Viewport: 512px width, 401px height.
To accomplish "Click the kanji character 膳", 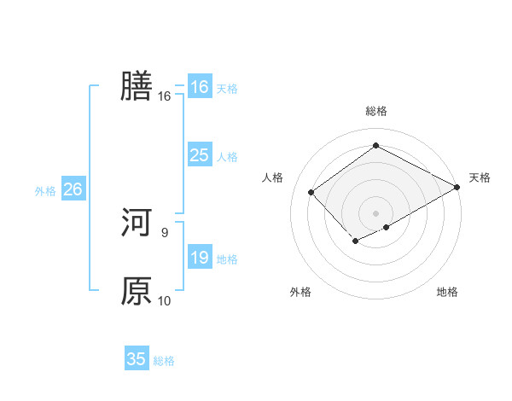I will [137, 87].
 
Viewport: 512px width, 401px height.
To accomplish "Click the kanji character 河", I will [137, 223].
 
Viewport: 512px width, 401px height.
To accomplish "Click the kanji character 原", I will [137, 291].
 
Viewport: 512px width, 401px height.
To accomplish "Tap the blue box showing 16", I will [199, 87].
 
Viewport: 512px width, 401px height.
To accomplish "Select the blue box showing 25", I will [199, 155].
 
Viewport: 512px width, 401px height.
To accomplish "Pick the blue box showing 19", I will [199, 258].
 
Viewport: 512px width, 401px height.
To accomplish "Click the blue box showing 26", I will [73, 189].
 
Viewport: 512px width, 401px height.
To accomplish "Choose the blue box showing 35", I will [137, 359].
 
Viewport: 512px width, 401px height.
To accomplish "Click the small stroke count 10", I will [165, 300].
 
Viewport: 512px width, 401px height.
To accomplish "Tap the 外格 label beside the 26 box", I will [45, 191].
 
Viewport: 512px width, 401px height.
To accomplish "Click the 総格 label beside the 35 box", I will [164, 361].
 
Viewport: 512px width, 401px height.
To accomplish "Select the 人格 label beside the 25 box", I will [227, 157].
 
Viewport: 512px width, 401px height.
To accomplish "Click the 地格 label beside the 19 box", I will [227, 259].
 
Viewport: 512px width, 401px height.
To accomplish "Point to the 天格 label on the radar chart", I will [480, 177].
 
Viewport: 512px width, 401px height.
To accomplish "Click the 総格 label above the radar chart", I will [375, 112].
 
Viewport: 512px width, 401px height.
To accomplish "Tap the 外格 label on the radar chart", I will [300, 293].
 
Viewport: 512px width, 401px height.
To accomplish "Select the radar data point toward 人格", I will [311, 192].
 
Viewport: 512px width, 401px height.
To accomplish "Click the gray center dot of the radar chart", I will [375, 212].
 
